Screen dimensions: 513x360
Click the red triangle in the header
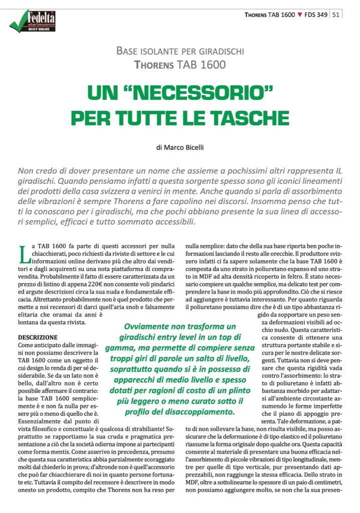click(300, 15)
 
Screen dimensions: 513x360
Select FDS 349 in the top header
click(316, 14)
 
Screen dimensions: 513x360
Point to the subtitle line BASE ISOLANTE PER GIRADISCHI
click(180, 51)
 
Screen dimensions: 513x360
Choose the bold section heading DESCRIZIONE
click(38, 337)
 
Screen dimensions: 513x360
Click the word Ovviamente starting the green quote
click(149, 325)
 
